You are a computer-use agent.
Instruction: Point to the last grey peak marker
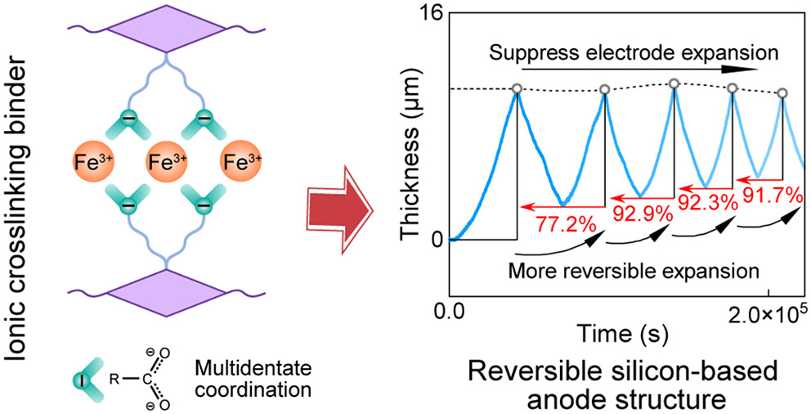(782, 94)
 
